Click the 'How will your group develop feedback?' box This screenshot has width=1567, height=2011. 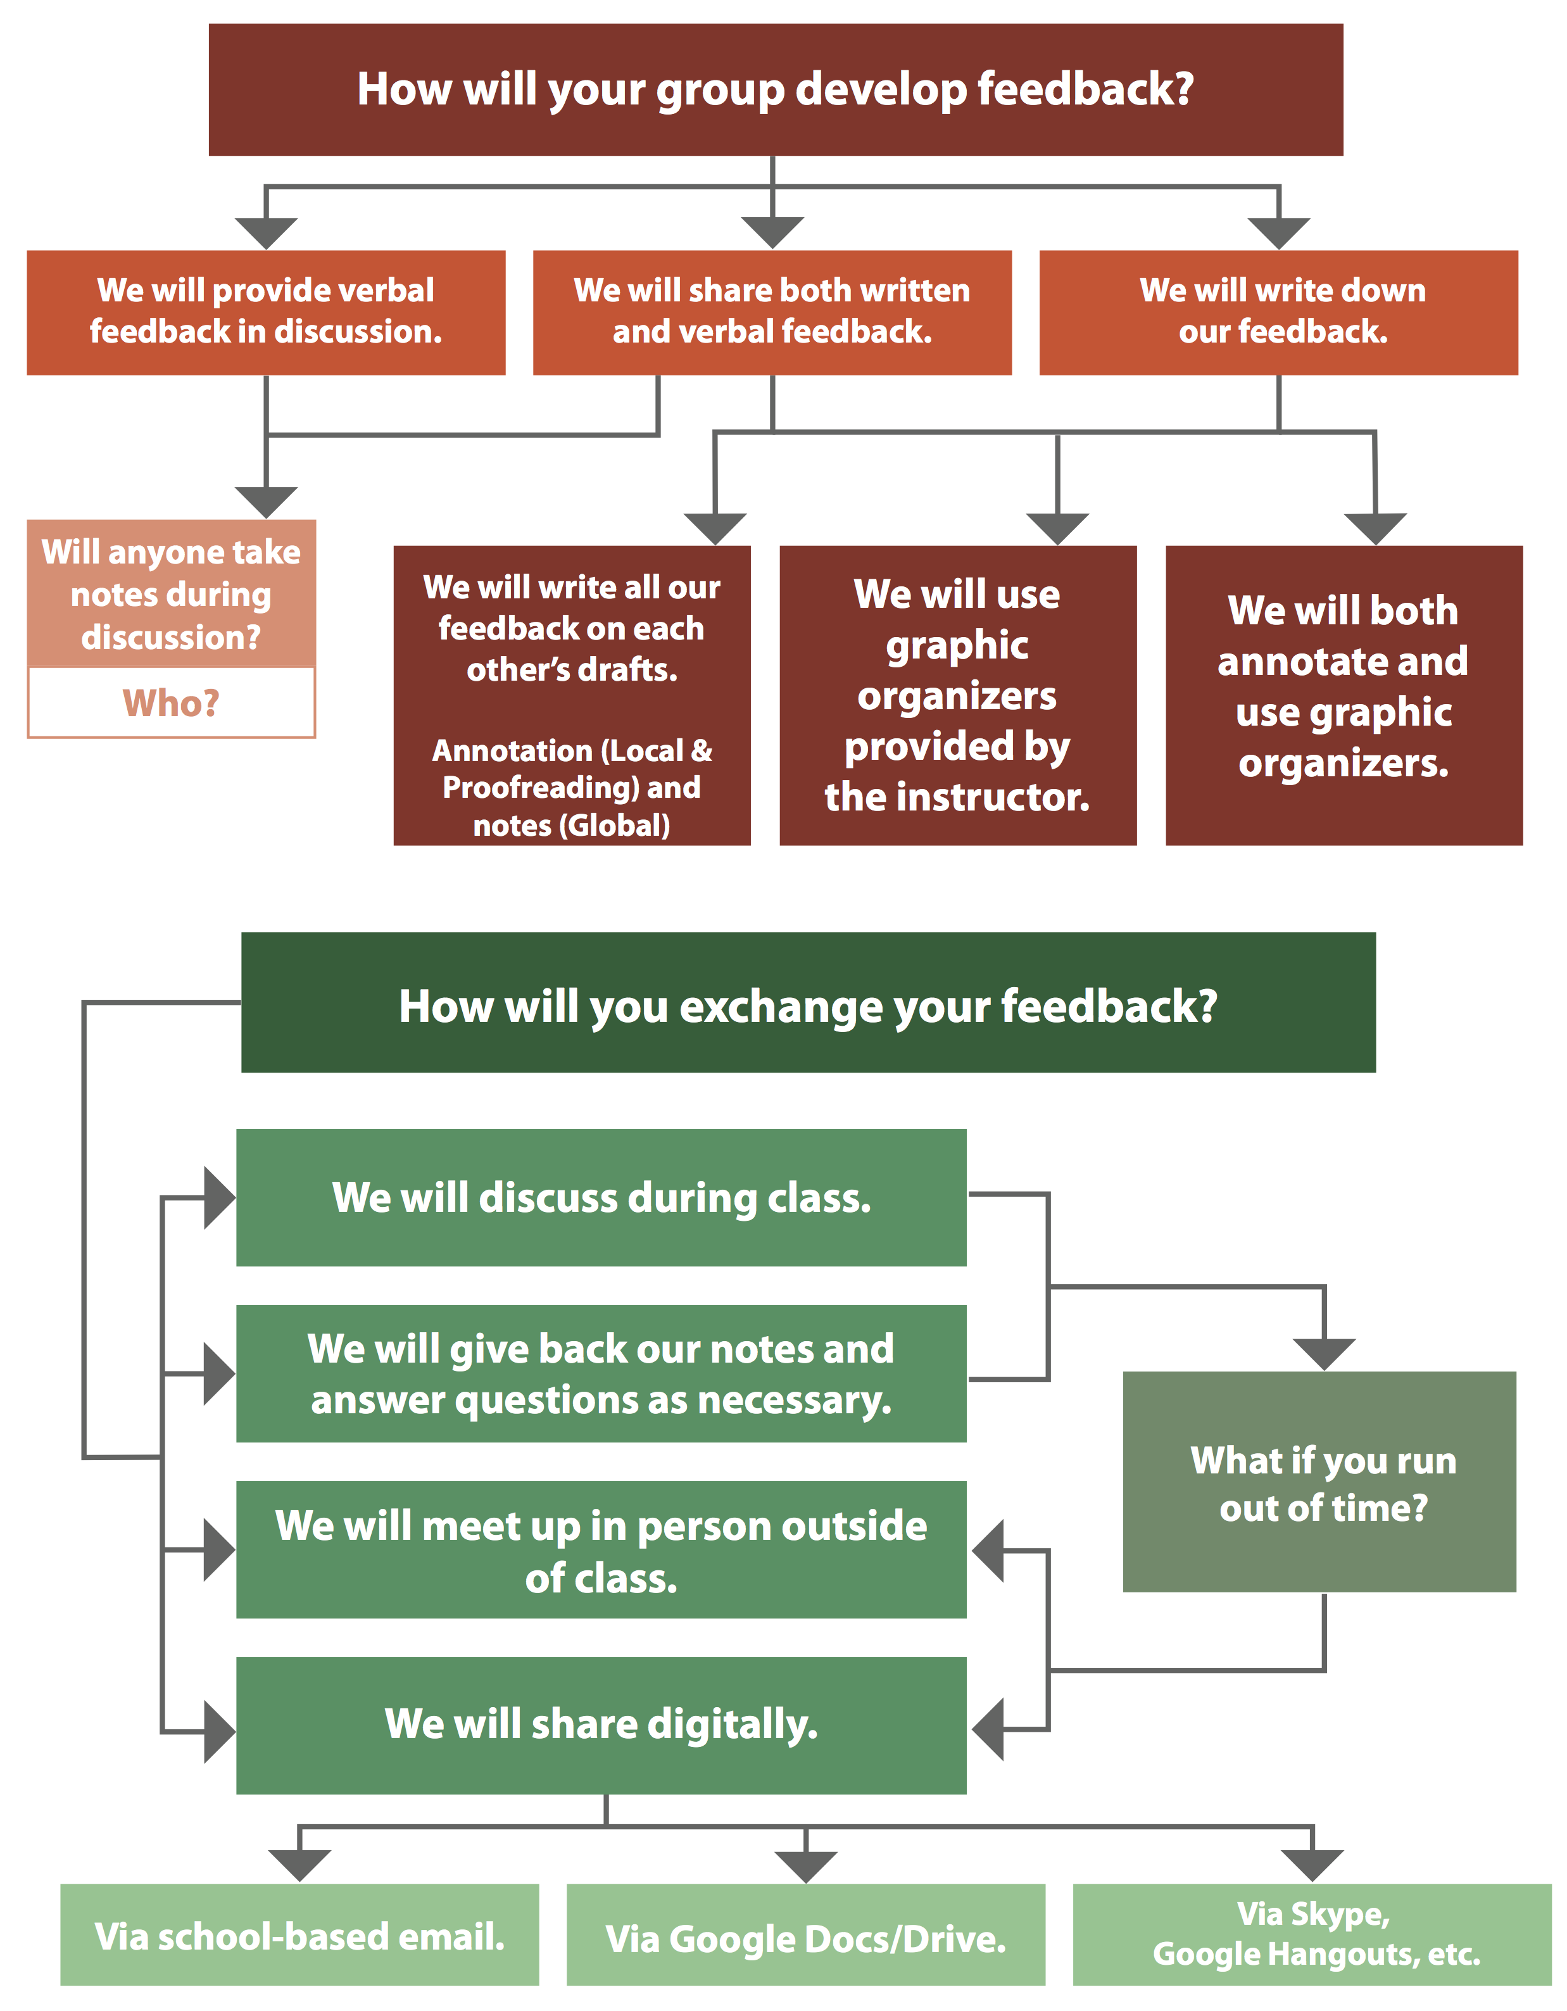point(775,89)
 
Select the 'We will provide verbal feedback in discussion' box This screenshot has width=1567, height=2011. point(266,312)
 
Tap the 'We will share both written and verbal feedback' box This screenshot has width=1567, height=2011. point(772,312)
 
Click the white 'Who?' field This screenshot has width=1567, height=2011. point(171,703)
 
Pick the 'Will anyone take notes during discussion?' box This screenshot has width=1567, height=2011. point(171,594)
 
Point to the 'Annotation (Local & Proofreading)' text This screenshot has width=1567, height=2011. point(572,769)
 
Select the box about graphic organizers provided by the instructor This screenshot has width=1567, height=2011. point(957,695)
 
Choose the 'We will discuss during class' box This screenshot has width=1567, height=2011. point(601,1197)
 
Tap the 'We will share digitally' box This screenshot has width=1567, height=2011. point(601,1725)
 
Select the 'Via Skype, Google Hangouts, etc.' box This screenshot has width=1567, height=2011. point(1312,1934)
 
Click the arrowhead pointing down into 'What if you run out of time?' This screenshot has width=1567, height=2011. point(1324,1354)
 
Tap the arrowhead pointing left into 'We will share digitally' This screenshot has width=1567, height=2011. point(988,1729)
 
